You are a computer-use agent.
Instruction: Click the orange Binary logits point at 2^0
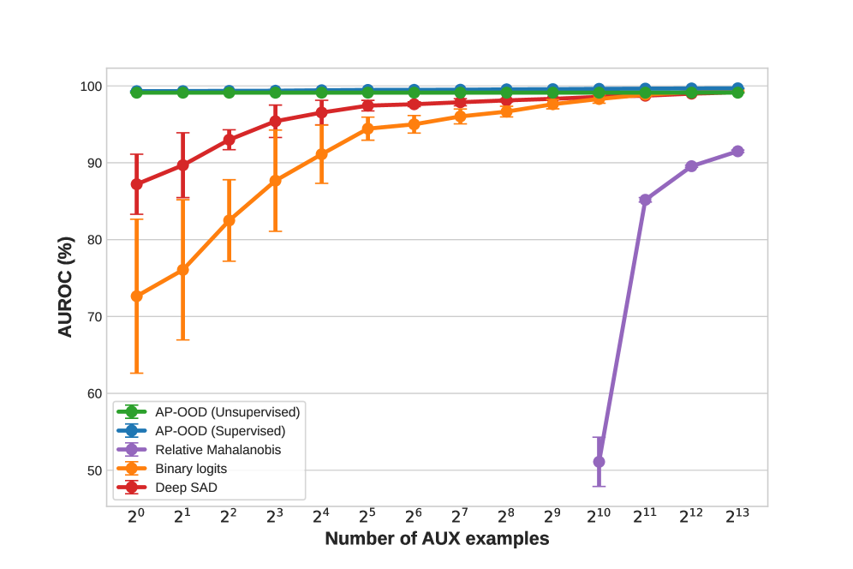[x=136, y=296]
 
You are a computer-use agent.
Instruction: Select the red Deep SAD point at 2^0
[x=136, y=184]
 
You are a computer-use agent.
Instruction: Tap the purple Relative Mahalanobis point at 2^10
[x=599, y=462]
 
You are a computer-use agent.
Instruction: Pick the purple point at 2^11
[x=645, y=200]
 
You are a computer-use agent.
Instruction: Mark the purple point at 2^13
[x=737, y=152]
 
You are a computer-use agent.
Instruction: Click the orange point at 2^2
[x=229, y=220]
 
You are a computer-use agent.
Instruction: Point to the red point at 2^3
[x=275, y=121]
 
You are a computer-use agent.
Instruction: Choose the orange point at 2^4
[x=321, y=154]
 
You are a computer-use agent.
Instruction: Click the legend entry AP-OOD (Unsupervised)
[x=227, y=411]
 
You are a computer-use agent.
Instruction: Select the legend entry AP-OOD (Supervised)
[x=220, y=430]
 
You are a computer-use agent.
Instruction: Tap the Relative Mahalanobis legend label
[x=218, y=449]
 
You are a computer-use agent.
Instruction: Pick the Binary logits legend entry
[x=191, y=468]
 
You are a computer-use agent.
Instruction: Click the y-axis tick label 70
[x=92, y=317]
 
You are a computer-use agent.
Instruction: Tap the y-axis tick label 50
[x=92, y=470]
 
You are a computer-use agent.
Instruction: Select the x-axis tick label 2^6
[x=414, y=516]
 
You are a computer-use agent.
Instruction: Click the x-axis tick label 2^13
[x=737, y=516]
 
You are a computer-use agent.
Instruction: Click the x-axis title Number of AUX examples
[x=437, y=539]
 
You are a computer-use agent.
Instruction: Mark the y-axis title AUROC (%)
[x=66, y=286]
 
